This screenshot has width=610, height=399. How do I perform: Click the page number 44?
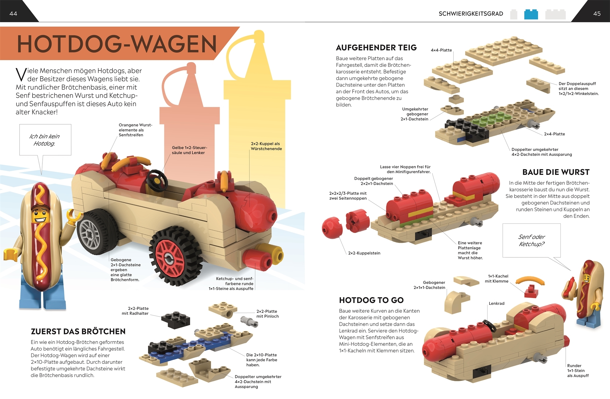coord(13,13)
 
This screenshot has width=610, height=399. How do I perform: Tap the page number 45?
coord(597,13)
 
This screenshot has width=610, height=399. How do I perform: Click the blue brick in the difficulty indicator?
coord(531,14)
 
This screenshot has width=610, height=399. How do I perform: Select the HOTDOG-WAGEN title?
coord(117,44)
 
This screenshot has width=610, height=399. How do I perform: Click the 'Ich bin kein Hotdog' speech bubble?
coord(45,140)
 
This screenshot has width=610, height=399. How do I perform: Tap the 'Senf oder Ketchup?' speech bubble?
coord(531,240)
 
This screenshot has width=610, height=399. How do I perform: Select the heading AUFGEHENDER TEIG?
coord(376,48)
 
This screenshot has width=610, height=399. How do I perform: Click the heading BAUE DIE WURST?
coord(556,172)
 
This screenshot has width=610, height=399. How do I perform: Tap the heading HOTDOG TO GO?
coord(371,300)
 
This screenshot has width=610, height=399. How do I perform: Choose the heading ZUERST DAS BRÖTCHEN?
coord(78,331)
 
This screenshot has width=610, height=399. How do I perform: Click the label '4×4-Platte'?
coord(441,50)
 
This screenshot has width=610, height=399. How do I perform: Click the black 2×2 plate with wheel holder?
coord(175,320)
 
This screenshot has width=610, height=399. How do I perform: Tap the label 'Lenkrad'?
coord(496,303)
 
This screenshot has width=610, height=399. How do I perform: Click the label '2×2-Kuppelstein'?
coord(364,253)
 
